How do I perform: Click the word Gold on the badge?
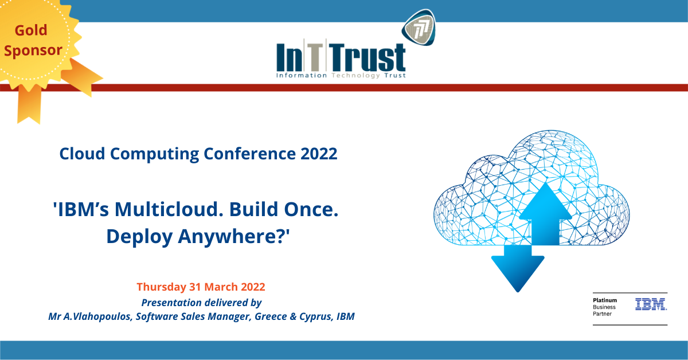(x=31, y=30)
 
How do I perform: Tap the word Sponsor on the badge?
(x=33, y=50)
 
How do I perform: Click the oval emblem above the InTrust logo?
(x=419, y=28)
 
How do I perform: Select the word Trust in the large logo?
(x=368, y=57)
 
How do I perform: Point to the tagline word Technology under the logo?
(x=355, y=76)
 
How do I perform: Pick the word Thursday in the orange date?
(x=162, y=287)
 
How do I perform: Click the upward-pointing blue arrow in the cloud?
(x=545, y=214)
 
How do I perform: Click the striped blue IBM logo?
(x=651, y=304)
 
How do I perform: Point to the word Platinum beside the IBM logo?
(x=605, y=300)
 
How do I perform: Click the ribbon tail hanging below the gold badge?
(x=29, y=104)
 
